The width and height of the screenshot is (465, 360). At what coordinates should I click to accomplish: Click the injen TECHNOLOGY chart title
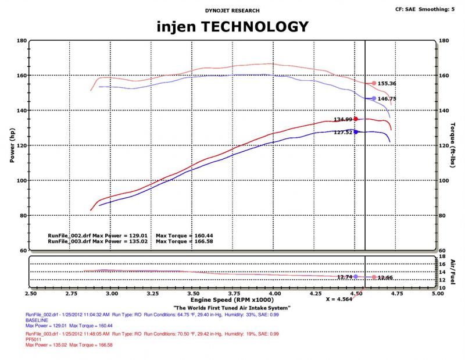tap(233, 26)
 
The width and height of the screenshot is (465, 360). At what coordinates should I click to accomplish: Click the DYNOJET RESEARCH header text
tap(233, 10)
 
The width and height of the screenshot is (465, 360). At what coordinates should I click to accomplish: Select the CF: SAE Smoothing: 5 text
tap(425, 9)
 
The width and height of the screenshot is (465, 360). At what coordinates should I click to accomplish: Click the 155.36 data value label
tap(387, 84)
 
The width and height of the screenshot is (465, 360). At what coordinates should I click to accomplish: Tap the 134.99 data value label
tap(343, 119)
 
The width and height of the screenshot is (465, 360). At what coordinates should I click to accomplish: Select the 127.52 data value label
tap(343, 132)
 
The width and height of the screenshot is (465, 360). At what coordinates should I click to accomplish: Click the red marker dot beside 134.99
tap(356, 119)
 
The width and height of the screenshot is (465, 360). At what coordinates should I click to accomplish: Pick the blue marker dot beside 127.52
tap(356, 132)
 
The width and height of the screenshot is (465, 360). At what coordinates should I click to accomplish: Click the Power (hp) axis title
tap(12, 145)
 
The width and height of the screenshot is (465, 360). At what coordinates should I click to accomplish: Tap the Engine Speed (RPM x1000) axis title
tap(233, 302)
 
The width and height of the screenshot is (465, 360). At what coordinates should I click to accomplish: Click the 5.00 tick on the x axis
tap(436, 295)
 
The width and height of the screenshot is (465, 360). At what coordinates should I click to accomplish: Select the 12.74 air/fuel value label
tap(344, 277)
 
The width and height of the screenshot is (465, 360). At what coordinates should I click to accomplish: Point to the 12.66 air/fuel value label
tap(385, 277)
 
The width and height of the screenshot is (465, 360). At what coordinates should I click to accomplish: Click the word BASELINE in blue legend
tap(36, 321)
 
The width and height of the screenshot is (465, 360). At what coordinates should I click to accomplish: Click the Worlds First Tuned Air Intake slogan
tap(232, 308)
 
